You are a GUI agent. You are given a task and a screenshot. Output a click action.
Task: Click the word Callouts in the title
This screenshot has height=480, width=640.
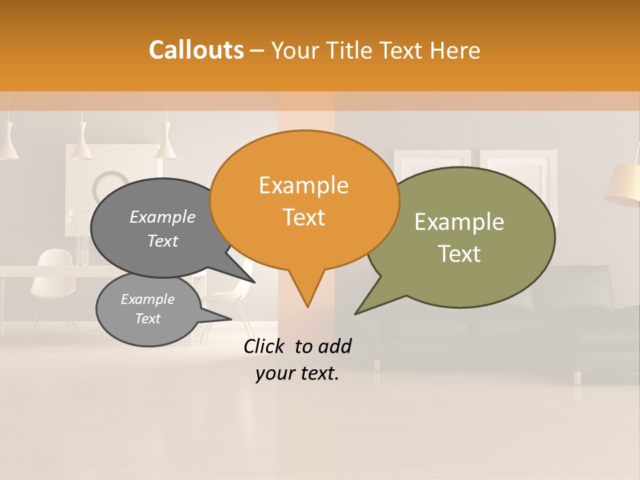pyautogui.click(x=196, y=50)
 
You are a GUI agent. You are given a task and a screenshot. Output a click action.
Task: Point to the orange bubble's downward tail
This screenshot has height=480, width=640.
pyautogui.click(x=307, y=290)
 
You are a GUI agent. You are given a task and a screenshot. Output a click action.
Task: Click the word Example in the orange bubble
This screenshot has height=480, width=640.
pyautogui.click(x=303, y=185)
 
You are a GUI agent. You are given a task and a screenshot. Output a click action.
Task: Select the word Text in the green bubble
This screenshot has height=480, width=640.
pyautogui.click(x=459, y=254)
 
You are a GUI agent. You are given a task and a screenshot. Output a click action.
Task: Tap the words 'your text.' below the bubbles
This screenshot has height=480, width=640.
pyautogui.click(x=297, y=373)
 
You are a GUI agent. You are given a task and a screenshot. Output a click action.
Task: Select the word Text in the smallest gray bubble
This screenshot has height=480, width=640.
pyautogui.click(x=148, y=319)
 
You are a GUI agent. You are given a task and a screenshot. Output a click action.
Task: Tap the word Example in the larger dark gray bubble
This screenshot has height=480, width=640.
pyautogui.click(x=163, y=217)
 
